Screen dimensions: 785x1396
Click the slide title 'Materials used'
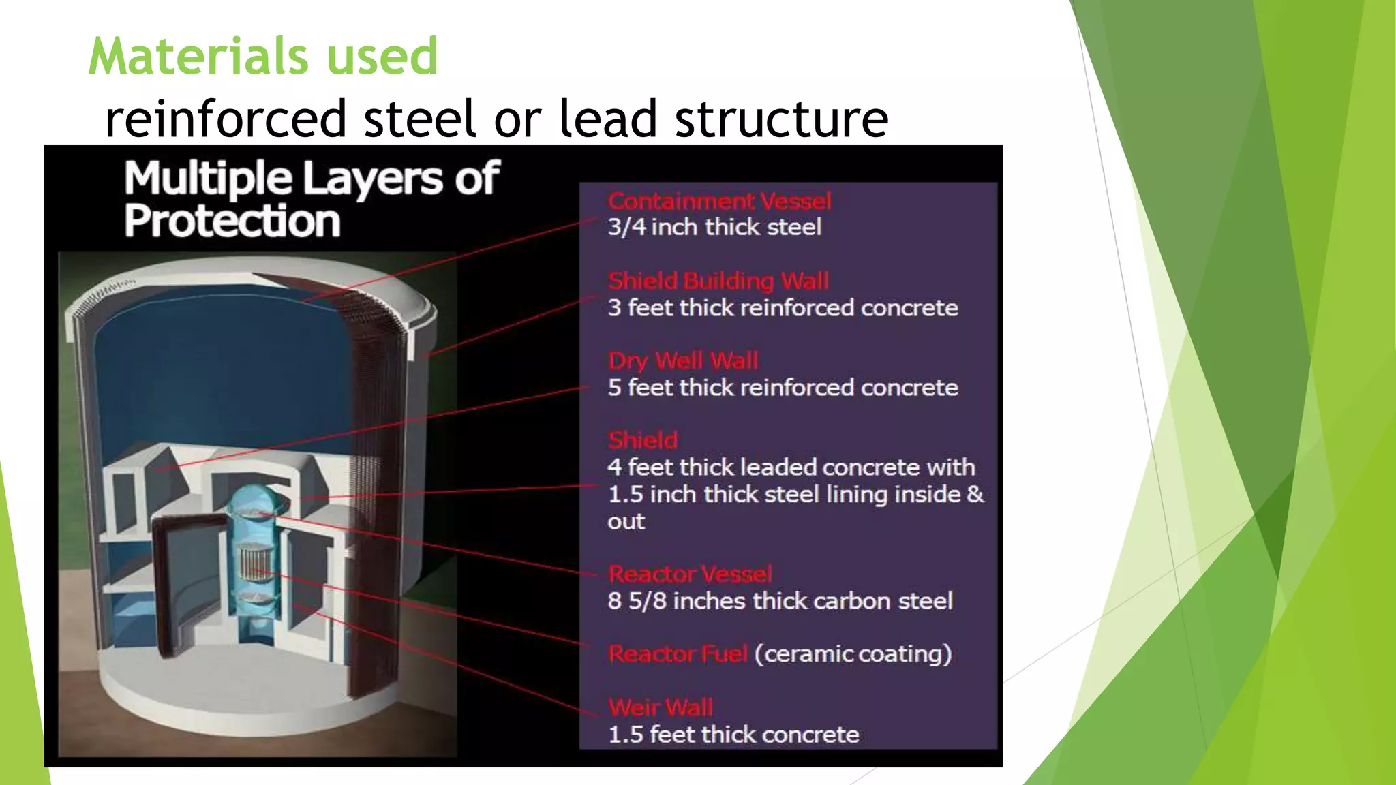[263, 56]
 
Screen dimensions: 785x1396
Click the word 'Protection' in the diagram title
[232, 221]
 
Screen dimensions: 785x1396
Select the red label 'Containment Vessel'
[719, 201]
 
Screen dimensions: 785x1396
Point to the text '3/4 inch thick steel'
[714, 227]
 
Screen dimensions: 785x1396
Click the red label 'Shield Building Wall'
[718, 281]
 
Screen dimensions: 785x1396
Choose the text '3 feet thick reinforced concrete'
[783, 308]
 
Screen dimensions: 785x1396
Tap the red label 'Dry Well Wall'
[683, 360]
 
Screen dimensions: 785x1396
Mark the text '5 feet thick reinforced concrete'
[783, 388]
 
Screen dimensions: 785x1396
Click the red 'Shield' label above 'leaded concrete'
[643, 440]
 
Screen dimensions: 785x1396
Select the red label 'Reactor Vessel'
[690, 574]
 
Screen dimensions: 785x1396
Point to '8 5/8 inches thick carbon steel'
[780, 601]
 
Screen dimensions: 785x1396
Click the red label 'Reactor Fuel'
[678, 654]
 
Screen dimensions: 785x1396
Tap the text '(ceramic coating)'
[853, 654]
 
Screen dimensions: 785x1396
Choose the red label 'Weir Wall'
[661, 707]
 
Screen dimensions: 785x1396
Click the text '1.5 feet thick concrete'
[733, 735]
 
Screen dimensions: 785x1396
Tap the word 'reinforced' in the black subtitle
[226, 119]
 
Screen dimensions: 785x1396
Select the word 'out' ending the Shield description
[626, 521]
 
